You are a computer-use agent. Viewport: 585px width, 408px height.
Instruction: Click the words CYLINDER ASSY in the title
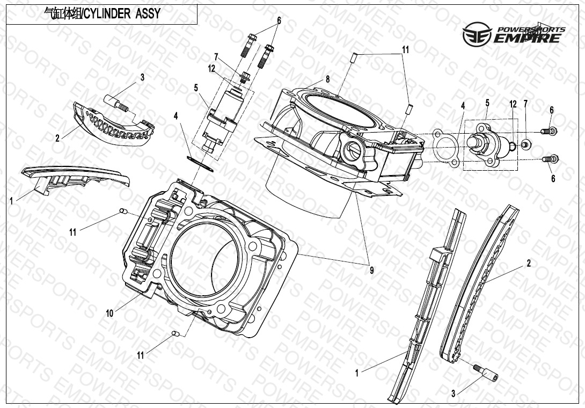pyautogui.click(x=122, y=14)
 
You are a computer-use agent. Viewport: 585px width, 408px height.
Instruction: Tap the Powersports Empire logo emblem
pyautogui.click(x=477, y=34)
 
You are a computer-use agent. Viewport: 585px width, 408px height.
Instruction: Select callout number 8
pyautogui.click(x=327, y=79)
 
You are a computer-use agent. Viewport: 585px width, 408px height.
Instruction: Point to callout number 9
pyautogui.click(x=371, y=270)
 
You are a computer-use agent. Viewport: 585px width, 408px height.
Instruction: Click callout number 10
pyautogui.click(x=109, y=313)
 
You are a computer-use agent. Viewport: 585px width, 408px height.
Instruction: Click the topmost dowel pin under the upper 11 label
pyautogui.click(x=355, y=58)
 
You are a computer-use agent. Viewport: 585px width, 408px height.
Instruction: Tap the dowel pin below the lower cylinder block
pyautogui.click(x=175, y=333)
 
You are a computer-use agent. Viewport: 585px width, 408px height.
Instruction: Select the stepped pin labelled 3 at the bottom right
pyautogui.click(x=485, y=373)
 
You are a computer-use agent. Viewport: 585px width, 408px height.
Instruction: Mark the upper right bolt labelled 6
pyautogui.click(x=549, y=131)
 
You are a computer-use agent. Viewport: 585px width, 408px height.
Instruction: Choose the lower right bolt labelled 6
pyautogui.click(x=550, y=159)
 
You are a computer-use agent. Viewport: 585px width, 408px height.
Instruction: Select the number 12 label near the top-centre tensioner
pyautogui.click(x=212, y=69)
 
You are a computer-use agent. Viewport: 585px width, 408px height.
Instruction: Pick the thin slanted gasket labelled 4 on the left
pyautogui.click(x=200, y=164)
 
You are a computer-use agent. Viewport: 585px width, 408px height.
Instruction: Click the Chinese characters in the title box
pyautogui.click(x=62, y=14)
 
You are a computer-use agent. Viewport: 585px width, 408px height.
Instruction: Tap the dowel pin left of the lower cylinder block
pyautogui.click(x=123, y=212)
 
